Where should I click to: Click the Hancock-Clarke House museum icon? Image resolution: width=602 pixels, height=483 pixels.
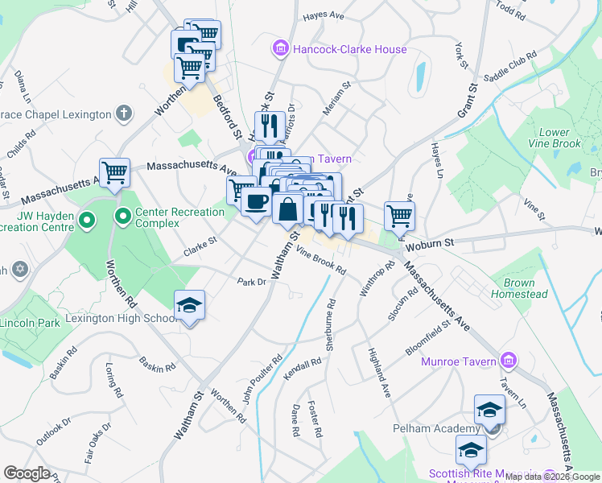point(280,50)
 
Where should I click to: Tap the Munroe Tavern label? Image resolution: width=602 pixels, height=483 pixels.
point(458,361)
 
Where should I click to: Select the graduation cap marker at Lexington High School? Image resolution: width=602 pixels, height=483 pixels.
point(189,306)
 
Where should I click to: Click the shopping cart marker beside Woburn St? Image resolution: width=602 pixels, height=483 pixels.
point(399,216)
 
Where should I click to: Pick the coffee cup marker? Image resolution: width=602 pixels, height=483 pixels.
point(256,202)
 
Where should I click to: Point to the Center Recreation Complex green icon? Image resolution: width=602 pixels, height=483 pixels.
point(123,217)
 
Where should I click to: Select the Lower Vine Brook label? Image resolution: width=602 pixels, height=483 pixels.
point(554,138)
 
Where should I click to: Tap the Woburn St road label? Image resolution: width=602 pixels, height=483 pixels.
point(430,242)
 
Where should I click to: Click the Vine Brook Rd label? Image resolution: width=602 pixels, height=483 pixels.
point(320,262)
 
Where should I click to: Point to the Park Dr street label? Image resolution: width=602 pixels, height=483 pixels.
point(251,282)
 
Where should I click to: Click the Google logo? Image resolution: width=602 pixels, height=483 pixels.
point(27,473)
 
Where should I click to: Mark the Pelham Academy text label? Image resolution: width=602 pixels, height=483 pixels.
point(447,427)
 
